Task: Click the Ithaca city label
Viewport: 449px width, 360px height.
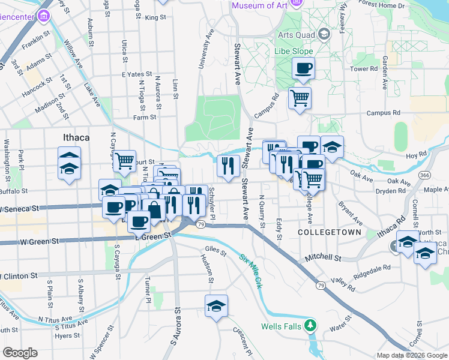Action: pyautogui.click(x=76, y=137)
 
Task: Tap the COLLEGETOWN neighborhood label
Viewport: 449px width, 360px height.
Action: pyautogui.click(x=330, y=232)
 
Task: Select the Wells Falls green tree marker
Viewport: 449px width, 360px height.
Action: pyautogui.click(x=310, y=326)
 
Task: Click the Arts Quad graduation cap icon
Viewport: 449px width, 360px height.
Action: pyautogui.click(x=324, y=34)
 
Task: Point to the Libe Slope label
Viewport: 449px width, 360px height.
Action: pyautogui.click(x=294, y=52)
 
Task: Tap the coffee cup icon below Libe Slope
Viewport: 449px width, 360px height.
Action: pyautogui.click(x=304, y=68)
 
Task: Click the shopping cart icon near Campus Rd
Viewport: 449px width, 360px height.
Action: pyautogui.click(x=300, y=97)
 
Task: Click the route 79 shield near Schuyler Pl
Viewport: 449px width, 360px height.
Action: pyautogui.click(x=201, y=224)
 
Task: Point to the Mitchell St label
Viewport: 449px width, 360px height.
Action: pyautogui.click(x=322, y=257)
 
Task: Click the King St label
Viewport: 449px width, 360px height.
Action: pyautogui.click(x=155, y=17)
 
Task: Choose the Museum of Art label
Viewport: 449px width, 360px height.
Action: pyautogui.click(x=259, y=6)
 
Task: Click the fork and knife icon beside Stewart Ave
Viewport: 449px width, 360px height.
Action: pyautogui.click(x=228, y=166)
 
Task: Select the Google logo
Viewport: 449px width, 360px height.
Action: pyautogui.click(x=20, y=353)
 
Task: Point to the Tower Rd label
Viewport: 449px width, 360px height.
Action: pyautogui.click(x=364, y=69)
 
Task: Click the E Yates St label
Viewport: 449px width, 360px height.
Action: pyautogui.click(x=133, y=74)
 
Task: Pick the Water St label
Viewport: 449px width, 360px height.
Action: pyautogui.click(x=340, y=329)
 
